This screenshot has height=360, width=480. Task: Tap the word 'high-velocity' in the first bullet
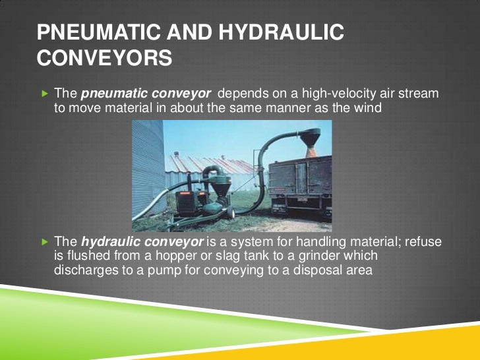pyautogui.click(x=315, y=94)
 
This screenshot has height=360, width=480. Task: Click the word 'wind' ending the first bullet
pyautogui.click(x=368, y=107)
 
